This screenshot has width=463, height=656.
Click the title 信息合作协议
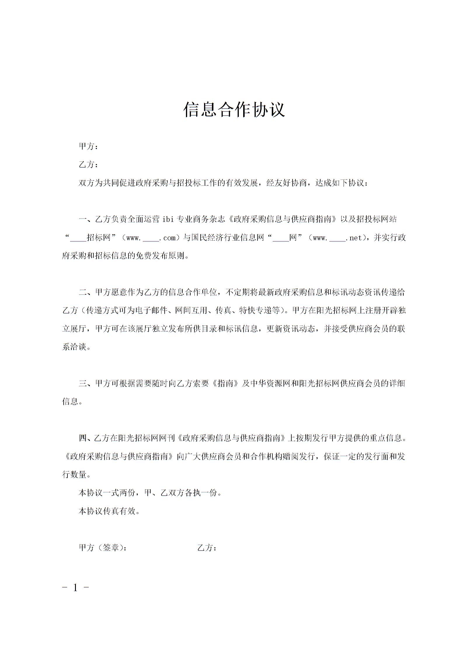tap(234, 110)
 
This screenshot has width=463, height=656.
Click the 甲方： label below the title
tap(88, 146)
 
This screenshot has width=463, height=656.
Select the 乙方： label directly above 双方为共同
tap(88, 165)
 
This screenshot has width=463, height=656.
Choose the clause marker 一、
tap(87, 219)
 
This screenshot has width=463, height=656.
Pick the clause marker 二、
tap(87, 292)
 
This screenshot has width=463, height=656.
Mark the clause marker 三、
tap(87, 383)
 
